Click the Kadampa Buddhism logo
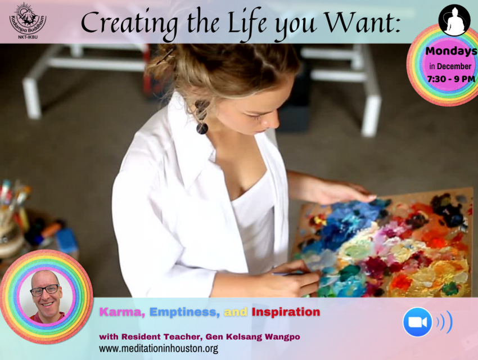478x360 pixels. click(28, 19)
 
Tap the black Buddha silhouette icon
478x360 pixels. click(454, 20)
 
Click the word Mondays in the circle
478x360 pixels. click(451, 51)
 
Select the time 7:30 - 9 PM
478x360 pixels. click(451, 79)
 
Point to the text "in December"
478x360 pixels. click(450, 66)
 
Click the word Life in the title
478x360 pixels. click(247, 24)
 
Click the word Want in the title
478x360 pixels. click(361, 23)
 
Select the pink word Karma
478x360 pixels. click(122, 312)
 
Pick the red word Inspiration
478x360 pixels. click(286, 312)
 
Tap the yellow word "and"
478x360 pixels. click(236, 312)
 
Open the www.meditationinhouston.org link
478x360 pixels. click(159, 348)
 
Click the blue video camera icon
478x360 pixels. click(417, 322)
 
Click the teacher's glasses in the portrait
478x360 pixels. click(45, 290)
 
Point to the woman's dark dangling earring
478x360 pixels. click(202, 117)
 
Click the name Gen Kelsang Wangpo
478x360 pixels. click(252, 337)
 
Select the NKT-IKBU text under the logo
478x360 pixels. click(28, 37)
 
